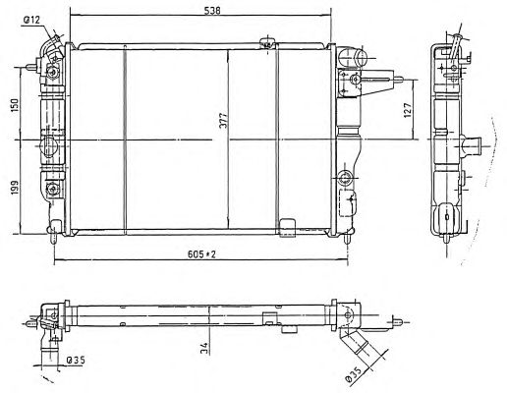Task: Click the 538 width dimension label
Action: [212, 10]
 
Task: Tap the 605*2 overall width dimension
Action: [201, 253]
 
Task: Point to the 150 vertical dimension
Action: [15, 104]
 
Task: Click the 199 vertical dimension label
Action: [15, 188]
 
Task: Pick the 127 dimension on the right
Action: [407, 110]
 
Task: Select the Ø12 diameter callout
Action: [31, 21]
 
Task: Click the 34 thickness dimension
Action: [204, 349]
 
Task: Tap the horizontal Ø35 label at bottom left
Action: [76, 361]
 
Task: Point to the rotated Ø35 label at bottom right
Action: [354, 374]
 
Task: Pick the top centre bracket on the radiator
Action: [267, 43]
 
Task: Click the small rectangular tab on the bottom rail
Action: [288, 227]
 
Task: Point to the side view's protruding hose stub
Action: [471, 145]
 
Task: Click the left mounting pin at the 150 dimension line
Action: [31, 67]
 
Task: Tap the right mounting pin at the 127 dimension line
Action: [398, 80]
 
